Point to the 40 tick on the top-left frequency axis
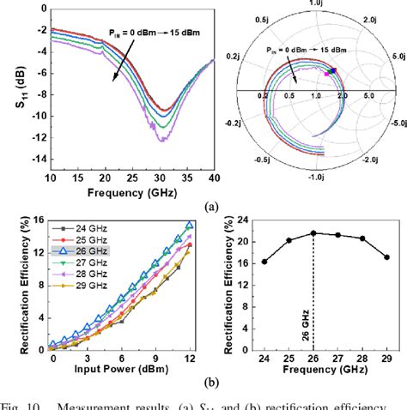click(214, 177)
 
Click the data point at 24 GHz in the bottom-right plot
click(264, 262)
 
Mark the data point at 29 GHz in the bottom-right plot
click(386, 257)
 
